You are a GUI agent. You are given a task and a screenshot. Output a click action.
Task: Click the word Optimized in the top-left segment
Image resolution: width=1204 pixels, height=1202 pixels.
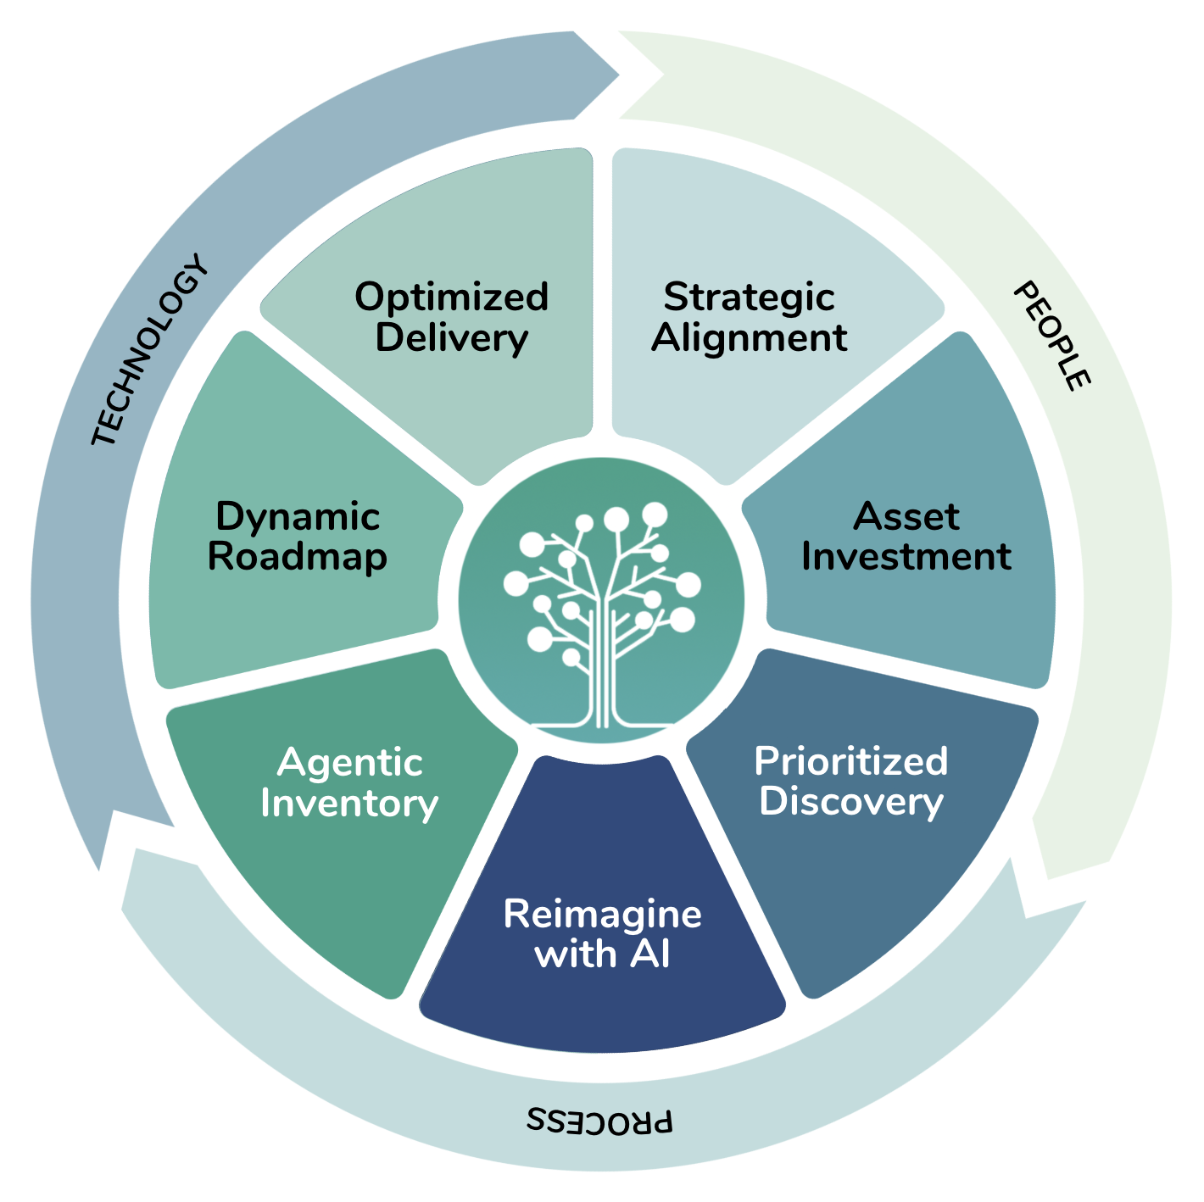tap(451, 298)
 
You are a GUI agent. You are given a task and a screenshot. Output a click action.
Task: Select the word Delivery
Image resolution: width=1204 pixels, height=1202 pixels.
tap(451, 338)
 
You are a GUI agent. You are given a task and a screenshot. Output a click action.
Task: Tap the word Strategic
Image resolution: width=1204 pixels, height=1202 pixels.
tap(749, 298)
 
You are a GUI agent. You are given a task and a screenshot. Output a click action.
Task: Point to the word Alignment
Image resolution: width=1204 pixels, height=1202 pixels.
tap(749, 338)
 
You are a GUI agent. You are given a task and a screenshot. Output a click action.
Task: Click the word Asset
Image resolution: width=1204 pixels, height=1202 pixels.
tap(906, 516)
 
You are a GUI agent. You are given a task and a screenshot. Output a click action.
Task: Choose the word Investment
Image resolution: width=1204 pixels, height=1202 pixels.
tap(906, 557)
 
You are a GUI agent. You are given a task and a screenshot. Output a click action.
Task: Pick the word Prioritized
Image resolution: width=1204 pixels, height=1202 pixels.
tap(850, 761)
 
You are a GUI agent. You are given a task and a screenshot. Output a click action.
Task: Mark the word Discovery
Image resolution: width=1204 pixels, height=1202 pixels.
tap(850, 802)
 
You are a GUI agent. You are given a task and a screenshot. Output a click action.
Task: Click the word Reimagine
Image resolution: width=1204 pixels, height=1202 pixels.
tap(602, 914)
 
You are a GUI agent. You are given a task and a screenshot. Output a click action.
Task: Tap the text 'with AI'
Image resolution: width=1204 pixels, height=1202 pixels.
tap(602, 954)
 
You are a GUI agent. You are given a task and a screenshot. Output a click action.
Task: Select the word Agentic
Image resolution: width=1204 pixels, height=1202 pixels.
tap(349, 763)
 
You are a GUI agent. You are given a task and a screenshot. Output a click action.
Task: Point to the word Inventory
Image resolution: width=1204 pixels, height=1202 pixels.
tap(349, 804)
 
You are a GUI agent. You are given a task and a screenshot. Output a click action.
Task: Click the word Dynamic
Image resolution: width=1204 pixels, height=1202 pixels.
tap(298, 516)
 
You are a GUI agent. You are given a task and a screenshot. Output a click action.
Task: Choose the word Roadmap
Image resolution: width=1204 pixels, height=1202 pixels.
tap(298, 557)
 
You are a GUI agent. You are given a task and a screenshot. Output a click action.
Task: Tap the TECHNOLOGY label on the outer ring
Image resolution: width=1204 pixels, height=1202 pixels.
tap(149, 350)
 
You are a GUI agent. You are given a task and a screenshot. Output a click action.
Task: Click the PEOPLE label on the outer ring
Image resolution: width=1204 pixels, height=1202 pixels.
tap(1051, 336)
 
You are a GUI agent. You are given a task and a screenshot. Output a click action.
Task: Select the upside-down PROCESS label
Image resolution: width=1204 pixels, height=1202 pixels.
tap(600, 1121)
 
